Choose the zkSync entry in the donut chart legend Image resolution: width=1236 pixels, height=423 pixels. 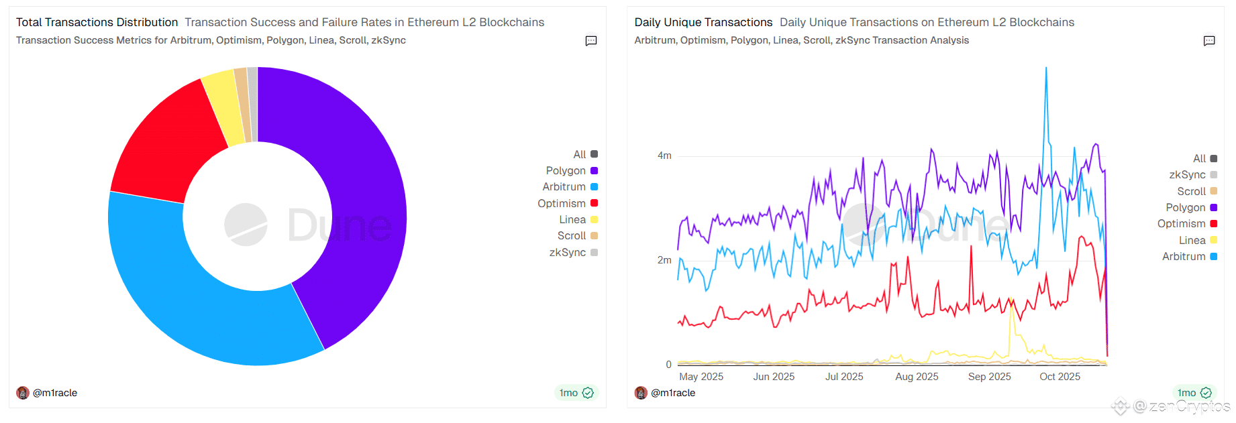point(568,253)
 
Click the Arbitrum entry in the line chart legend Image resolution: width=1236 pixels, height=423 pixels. point(1184,257)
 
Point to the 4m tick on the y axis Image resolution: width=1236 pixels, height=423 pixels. point(664,156)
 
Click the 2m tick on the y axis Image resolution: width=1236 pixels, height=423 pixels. point(664,260)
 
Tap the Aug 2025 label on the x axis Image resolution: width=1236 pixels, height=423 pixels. point(917,377)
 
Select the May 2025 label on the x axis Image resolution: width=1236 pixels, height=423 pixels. point(701,377)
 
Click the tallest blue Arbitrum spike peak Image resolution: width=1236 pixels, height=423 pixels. point(1045,68)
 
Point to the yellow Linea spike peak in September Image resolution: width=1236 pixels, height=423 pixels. point(1010,300)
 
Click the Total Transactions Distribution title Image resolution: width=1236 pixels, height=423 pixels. point(97,22)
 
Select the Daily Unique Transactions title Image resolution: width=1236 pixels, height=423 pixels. point(703,22)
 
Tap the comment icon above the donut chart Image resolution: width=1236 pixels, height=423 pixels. point(591,41)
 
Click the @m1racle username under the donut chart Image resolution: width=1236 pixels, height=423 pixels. point(55,393)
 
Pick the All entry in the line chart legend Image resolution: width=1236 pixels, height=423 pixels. point(1199,159)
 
